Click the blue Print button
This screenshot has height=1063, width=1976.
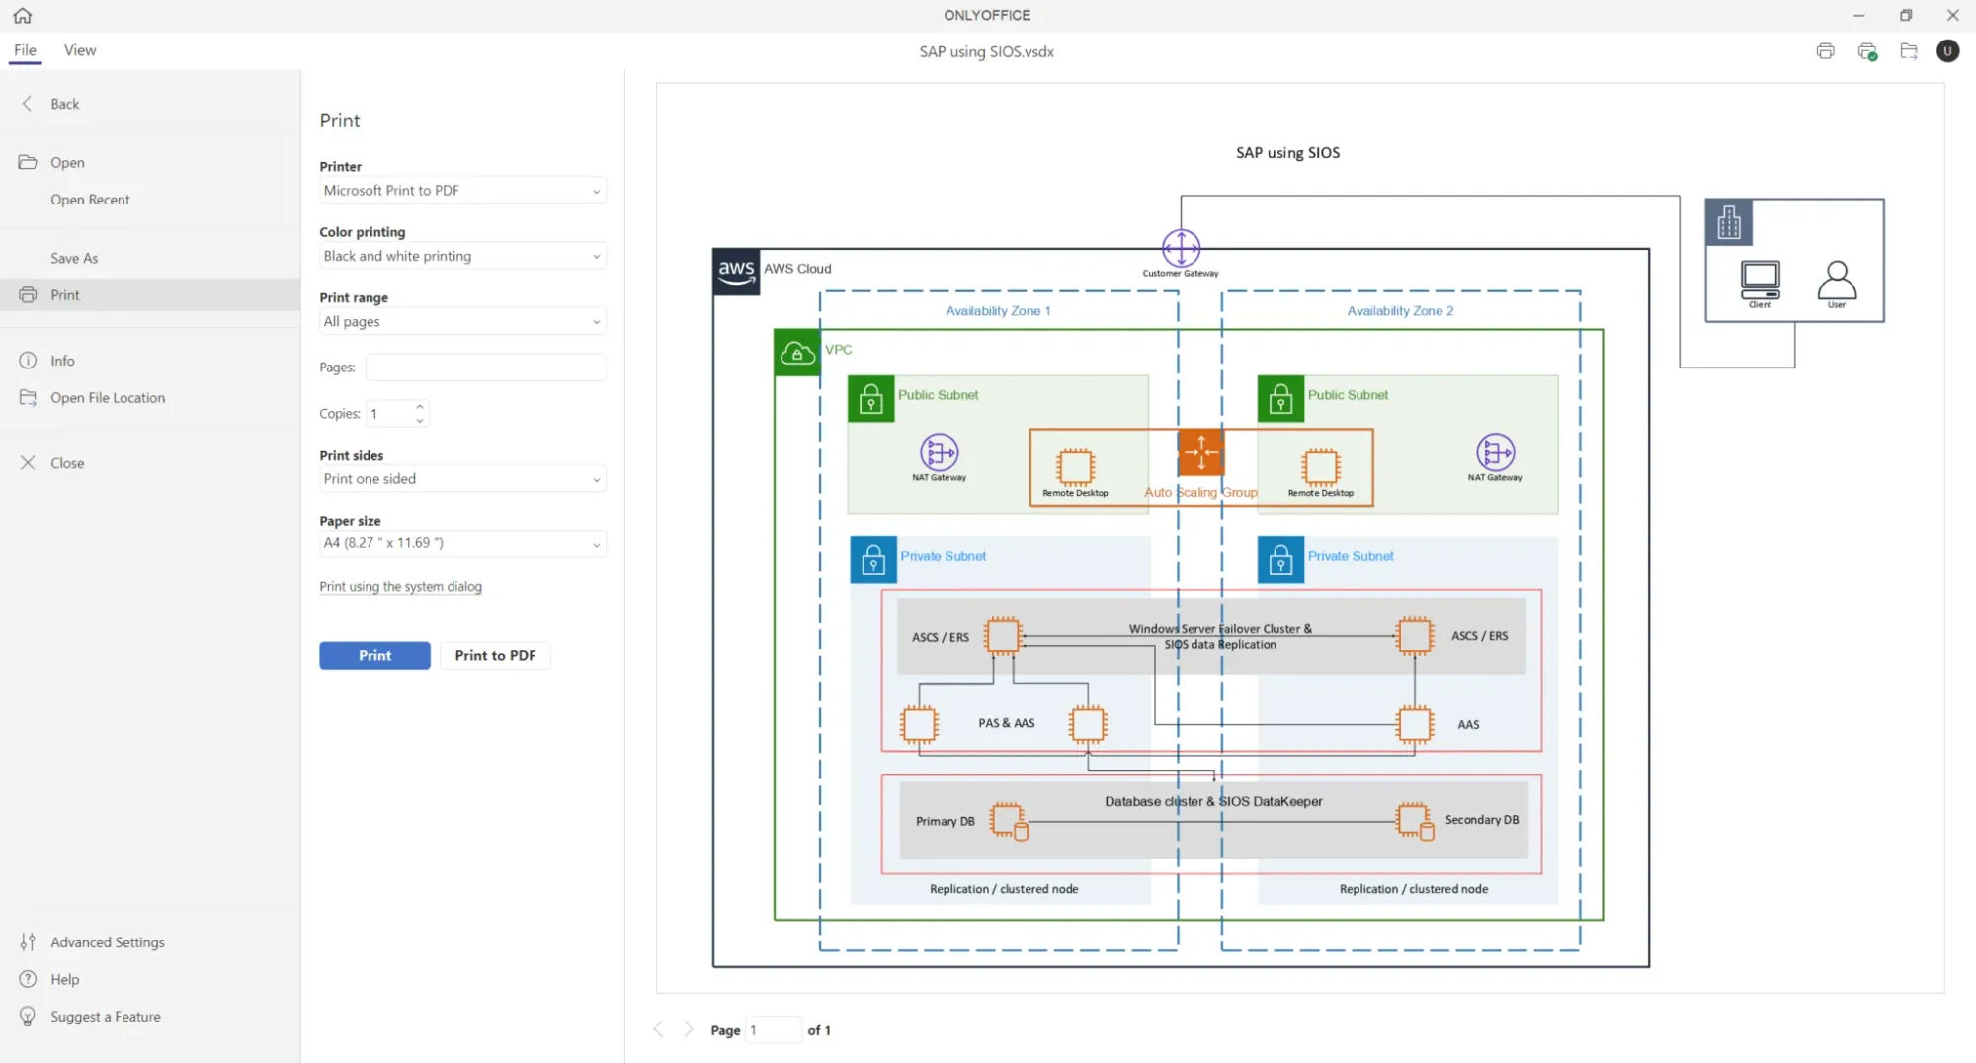pos(374,655)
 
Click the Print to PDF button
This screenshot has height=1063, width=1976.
pos(495,655)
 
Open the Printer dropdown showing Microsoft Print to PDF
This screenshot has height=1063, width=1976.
pos(461,190)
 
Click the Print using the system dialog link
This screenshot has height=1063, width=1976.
pos(400,586)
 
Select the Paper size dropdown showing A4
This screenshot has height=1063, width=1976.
pos(461,543)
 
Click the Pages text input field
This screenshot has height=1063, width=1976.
pos(485,367)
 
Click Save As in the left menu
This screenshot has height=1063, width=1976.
pos(74,258)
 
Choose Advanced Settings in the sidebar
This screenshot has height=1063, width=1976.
pos(108,942)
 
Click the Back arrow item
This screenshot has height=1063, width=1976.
pos(64,104)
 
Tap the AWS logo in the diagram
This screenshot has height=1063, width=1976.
pos(736,272)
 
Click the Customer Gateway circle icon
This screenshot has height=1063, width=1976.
pos(1181,248)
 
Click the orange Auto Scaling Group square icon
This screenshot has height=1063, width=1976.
pos(1201,452)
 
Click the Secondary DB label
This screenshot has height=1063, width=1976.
pos(1481,820)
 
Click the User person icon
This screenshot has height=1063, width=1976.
pos(1837,281)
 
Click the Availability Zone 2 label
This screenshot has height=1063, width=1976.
pos(1400,311)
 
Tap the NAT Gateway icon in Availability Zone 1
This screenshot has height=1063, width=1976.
pos(939,452)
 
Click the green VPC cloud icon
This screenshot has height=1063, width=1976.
pos(797,353)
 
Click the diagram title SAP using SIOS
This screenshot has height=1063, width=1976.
pos(1287,153)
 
